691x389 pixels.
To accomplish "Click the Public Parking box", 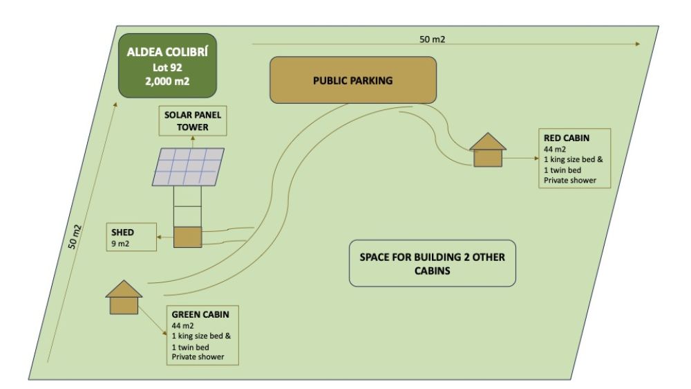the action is (353, 80).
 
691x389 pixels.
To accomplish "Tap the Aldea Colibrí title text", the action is (167, 52).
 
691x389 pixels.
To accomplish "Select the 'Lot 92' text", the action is (167, 68).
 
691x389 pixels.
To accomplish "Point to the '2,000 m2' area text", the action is (167, 82).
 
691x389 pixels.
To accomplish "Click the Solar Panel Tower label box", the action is (193, 120).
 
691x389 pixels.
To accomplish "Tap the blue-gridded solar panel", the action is (188, 167).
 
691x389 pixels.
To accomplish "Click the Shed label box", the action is (131, 237).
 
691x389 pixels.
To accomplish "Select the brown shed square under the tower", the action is (188, 237).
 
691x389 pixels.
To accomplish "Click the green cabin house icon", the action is (124, 297).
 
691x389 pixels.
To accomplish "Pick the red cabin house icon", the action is (488, 150).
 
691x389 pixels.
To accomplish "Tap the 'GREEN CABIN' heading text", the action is (200, 314).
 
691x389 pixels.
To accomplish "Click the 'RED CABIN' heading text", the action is (567, 138).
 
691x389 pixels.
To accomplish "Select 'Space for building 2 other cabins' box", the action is (433, 263).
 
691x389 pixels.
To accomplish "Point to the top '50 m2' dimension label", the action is (433, 39).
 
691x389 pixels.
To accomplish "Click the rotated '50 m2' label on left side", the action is (75, 237).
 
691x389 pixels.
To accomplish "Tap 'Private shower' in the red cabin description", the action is (570, 180).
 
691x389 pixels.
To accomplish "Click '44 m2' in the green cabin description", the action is (182, 326).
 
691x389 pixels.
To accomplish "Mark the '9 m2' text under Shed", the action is (120, 244).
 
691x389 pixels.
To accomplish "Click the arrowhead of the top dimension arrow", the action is (638, 44).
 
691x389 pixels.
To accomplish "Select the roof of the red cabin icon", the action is (488, 142).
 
